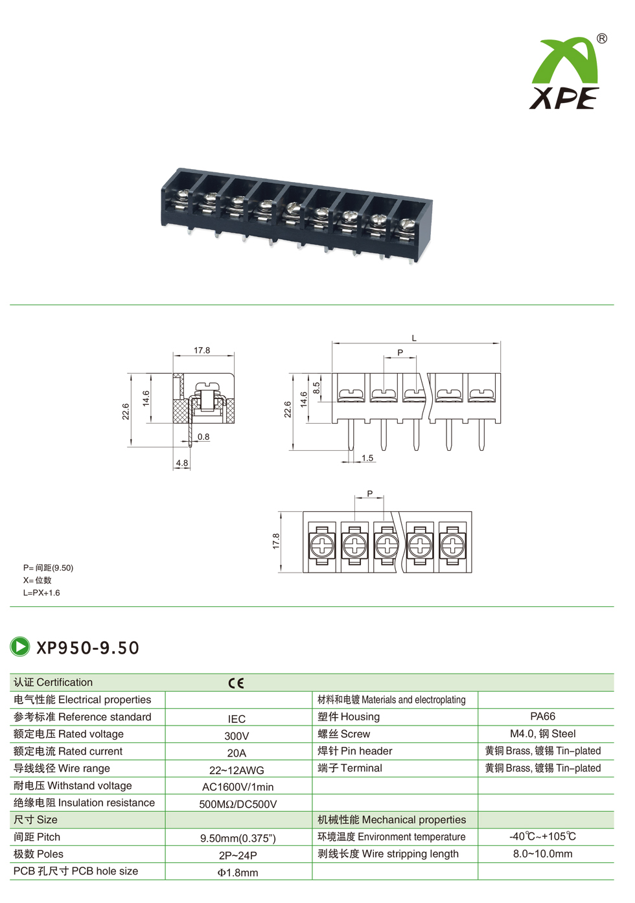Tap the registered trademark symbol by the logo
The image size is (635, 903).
coord(602,39)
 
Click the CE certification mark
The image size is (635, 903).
coord(237,683)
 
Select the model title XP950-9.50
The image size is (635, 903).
coord(87,648)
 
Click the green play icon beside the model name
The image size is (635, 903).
coord(20,646)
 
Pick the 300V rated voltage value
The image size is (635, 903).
coord(237,736)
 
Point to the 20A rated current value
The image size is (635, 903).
coord(237,753)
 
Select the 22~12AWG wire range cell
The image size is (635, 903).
coord(237,770)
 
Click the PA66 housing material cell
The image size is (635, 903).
coord(542,716)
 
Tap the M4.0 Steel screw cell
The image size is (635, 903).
coord(542,734)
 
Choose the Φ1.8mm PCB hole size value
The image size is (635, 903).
coord(237,873)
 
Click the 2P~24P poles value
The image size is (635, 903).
coord(237,855)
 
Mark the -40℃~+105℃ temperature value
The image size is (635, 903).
coord(542,836)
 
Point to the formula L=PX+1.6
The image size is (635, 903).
coord(41,593)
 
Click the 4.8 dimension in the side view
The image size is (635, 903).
coord(182,463)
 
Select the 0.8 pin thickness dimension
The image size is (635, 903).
coord(203,437)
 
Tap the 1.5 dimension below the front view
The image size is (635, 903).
coord(367,458)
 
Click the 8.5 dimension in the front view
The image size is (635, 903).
coord(316,389)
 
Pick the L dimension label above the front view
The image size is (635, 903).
coord(414,338)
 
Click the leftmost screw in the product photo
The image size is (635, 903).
coord(184,194)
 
